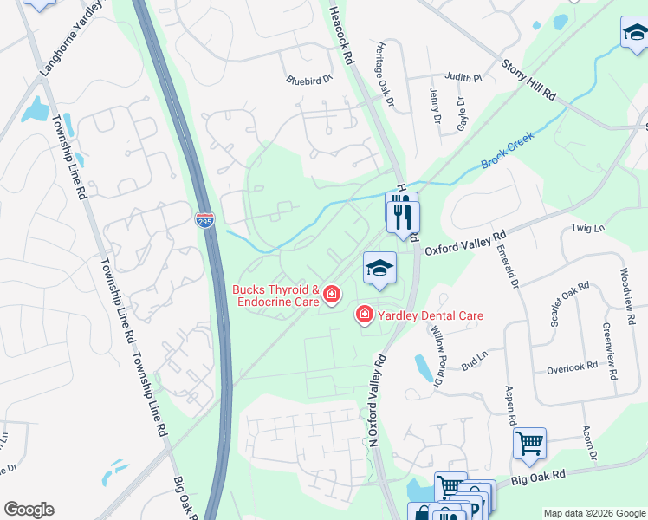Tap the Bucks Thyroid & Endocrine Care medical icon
pyautogui.click(x=331, y=297)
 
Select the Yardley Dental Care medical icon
pyautogui.click(x=365, y=315)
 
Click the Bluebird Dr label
pyautogui.click(x=309, y=80)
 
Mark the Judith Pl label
pyautogui.click(x=463, y=77)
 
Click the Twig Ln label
pyautogui.click(x=589, y=227)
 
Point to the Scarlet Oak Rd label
pyautogui.click(x=570, y=303)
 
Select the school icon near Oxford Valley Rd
pyautogui.click(x=379, y=269)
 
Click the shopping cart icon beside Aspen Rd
pyautogui.click(x=529, y=444)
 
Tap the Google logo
pyautogui.click(x=29, y=510)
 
